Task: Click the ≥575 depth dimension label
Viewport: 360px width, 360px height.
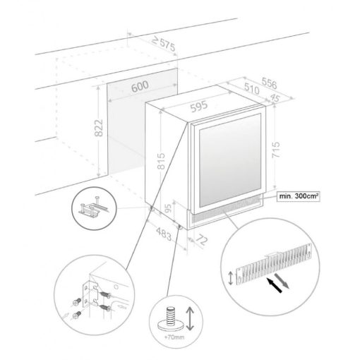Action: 164,44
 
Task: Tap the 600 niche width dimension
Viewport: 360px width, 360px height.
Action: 140,86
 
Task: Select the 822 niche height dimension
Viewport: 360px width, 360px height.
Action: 99,128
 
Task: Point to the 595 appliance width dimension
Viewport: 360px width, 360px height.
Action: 199,107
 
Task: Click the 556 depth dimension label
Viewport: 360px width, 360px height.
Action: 270,83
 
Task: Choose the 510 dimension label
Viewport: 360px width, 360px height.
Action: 252,88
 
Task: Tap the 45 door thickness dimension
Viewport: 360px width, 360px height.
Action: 275,98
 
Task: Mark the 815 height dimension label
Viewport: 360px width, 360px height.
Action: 161,161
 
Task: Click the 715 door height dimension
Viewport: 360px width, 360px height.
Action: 275,150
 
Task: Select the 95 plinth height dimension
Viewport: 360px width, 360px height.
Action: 169,209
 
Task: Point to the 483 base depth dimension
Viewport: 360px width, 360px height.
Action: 164,234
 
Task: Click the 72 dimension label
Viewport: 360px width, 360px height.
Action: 201,240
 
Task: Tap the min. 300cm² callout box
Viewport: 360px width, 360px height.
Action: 299,196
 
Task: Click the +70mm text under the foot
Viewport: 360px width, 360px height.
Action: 174,337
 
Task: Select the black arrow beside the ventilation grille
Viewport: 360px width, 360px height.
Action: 274,285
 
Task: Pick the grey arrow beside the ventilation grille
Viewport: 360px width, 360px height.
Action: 282,280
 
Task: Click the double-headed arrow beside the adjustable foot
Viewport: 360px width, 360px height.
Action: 190,318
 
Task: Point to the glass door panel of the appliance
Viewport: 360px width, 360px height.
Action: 230,160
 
